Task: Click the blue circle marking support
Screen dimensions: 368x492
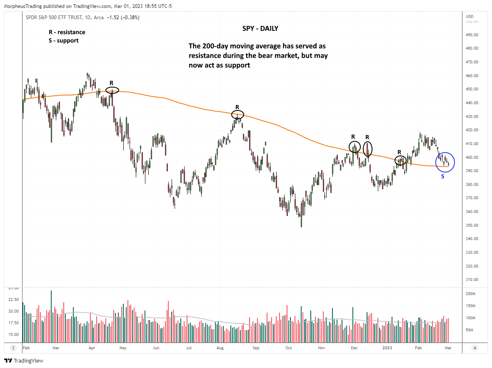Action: (445, 162)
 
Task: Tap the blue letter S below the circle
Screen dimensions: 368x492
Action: (443, 176)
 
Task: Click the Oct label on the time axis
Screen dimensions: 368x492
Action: (288, 347)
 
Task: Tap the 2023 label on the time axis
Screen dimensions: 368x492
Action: (387, 347)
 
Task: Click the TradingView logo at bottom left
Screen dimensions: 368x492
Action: (24, 360)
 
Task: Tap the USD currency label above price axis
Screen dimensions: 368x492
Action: (470, 17)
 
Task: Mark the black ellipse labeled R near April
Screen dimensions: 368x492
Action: (112, 90)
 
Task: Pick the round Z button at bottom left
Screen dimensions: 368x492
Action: (13, 348)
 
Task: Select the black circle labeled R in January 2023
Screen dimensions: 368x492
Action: (400, 160)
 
